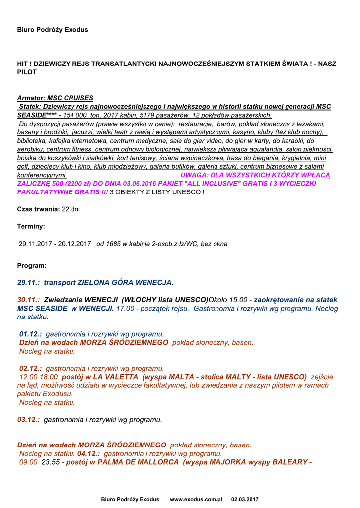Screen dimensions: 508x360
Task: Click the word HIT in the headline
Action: (22, 64)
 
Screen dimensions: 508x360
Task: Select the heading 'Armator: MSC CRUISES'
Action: (55, 98)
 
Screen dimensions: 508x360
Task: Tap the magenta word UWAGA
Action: (195, 175)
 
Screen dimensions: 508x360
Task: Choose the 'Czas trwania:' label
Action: (38, 209)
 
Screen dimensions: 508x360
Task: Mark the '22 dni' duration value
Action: (71, 209)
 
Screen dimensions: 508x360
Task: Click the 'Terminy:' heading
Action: (31, 226)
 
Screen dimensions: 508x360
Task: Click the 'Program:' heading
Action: (32, 265)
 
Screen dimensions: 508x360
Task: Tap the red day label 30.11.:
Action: (29, 300)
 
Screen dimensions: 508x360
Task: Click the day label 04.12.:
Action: (88, 454)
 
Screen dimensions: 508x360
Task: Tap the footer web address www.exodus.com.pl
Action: (196, 499)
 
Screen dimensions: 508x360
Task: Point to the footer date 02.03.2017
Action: (245, 499)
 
